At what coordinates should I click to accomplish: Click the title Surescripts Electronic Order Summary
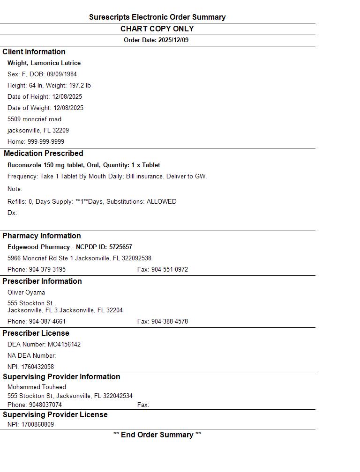(x=157, y=17)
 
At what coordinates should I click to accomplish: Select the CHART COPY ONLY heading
(x=157, y=29)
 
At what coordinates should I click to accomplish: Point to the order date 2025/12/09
(x=173, y=40)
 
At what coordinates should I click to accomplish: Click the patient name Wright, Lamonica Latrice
(x=44, y=63)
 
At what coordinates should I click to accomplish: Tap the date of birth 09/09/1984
(x=62, y=74)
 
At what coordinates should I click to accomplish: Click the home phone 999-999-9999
(x=46, y=142)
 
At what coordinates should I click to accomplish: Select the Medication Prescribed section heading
(x=44, y=154)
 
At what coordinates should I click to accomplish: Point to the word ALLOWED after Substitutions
(x=162, y=202)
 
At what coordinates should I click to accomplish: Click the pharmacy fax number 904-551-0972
(x=170, y=270)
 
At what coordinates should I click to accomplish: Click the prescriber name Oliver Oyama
(x=26, y=293)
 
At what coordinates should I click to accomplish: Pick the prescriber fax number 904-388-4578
(x=170, y=322)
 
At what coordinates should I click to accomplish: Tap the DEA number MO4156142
(x=64, y=345)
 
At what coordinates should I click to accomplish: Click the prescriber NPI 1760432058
(x=37, y=367)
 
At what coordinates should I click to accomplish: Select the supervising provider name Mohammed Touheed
(x=37, y=387)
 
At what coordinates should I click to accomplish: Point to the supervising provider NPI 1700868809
(x=37, y=425)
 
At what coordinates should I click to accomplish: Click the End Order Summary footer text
(x=157, y=435)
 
